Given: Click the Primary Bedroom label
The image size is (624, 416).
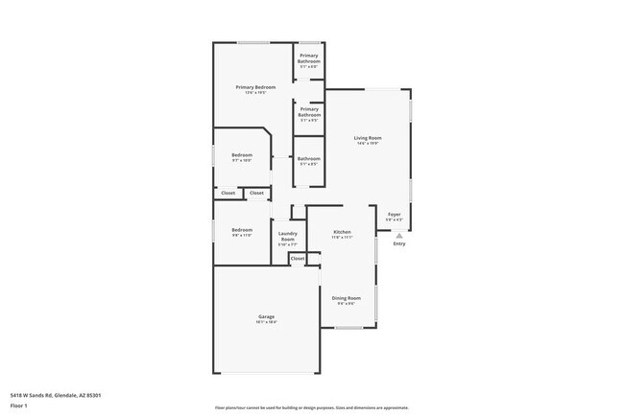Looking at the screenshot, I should (x=255, y=87).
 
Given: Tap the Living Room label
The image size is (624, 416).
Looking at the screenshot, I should (x=369, y=139).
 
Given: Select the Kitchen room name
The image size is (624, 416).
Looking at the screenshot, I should (x=342, y=232).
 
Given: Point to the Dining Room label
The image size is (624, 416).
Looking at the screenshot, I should (x=346, y=297).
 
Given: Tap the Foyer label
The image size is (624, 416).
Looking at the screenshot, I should (x=394, y=214).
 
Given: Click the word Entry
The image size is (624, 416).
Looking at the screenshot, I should (x=398, y=243).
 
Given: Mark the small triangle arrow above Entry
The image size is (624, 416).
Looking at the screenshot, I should (x=398, y=235).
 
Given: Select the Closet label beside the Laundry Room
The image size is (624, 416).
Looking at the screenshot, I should (x=298, y=258).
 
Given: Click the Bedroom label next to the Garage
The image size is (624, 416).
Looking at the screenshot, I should (x=241, y=229).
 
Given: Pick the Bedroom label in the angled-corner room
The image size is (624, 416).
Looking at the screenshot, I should (x=241, y=154).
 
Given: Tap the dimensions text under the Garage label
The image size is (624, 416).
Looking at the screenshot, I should (x=266, y=322).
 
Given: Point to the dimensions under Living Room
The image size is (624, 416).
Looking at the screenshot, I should (x=369, y=145).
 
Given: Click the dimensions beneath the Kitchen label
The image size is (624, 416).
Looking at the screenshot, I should (x=342, y=238).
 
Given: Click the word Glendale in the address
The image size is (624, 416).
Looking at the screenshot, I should (x=70, y=395).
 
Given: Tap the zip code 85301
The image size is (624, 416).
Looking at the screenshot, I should (x=94, y=395).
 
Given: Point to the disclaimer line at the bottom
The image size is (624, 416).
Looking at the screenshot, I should (x=311, y=406).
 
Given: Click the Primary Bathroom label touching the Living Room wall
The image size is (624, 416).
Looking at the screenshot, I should (x=308, y=112).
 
